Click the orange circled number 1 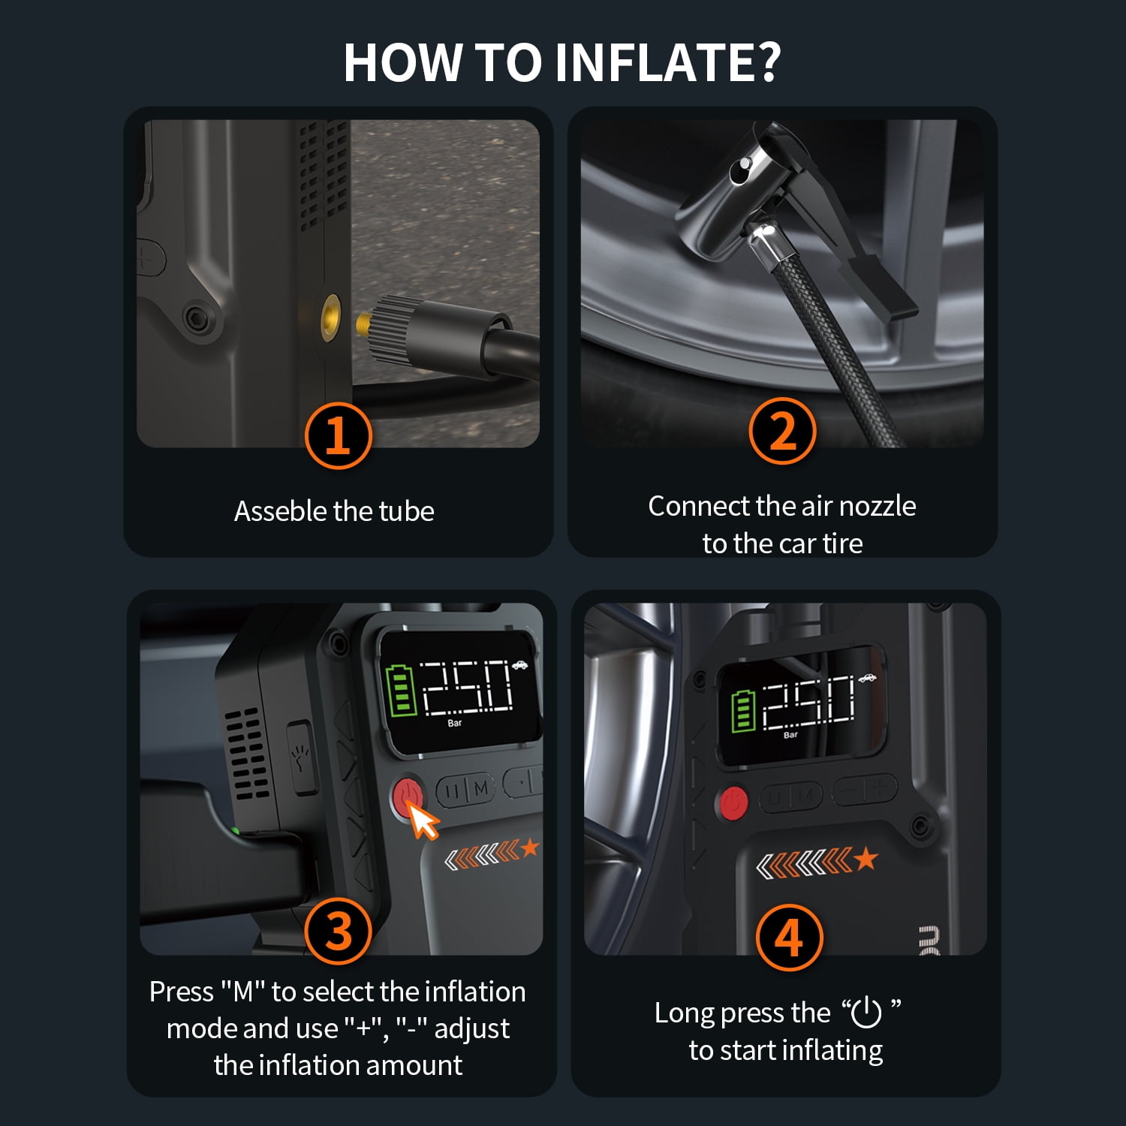coord(338,435)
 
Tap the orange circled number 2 coord(782,431)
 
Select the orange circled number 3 coord(339,932)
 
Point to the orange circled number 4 coord(789,938)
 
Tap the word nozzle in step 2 coord(877,506)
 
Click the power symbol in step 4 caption coord(866,1012)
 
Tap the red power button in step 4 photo coord(733,802)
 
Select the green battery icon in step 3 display coord(400,690)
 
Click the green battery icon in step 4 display coord(743,709)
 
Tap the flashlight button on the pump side coord(302,757)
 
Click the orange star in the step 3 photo coord(530,848)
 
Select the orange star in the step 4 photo coord(866,858)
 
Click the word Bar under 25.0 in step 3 coord(455,723)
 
